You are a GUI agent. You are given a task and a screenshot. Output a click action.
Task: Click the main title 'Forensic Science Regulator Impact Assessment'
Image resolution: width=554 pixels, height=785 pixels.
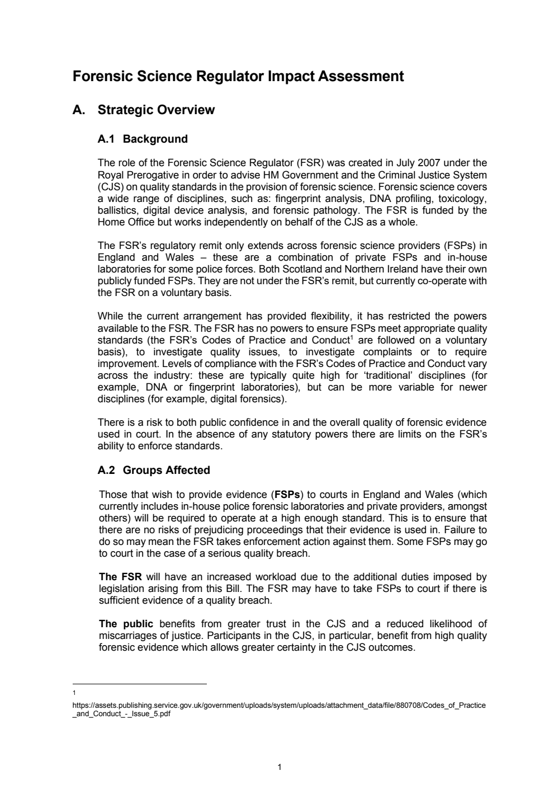pos(238,77)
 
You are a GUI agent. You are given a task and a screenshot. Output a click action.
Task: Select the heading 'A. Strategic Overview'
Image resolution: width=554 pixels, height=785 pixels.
pos(144,110)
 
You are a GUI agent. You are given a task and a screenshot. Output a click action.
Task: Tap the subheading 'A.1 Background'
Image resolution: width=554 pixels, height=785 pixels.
pos(143,139)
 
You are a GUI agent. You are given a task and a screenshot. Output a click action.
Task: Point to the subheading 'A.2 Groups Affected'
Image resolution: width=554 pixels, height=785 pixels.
pos(154,470)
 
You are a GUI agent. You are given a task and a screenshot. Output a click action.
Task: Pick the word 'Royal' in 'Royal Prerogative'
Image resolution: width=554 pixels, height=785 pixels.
pos(110,175)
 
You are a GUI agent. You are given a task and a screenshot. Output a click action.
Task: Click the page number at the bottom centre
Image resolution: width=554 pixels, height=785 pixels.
pos(279,767)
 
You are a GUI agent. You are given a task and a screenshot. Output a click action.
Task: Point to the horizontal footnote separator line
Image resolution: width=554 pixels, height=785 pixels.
pos(140,684)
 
